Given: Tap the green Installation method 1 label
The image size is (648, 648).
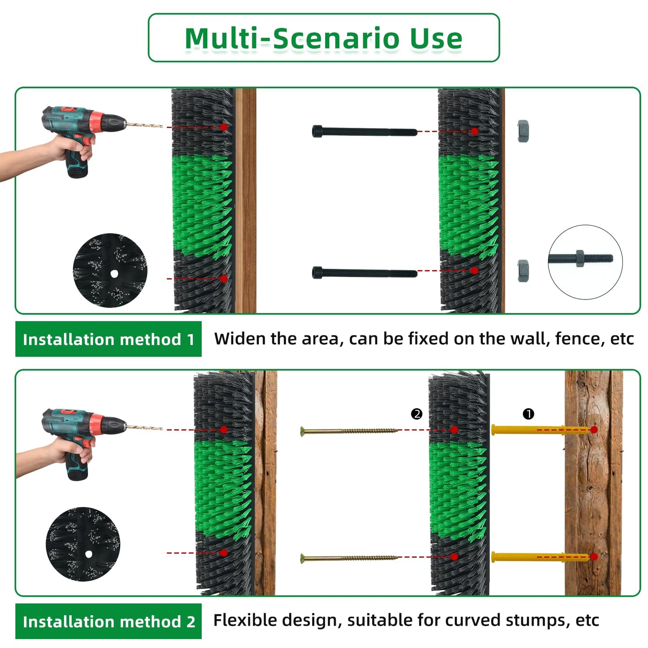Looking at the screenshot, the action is coord(108,339).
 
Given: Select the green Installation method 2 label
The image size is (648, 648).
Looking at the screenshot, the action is coord(108,621).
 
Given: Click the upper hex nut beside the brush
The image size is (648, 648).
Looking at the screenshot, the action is coord(523,131).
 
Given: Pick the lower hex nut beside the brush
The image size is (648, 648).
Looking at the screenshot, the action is coord(523,271).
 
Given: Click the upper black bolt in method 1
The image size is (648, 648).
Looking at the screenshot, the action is coord(365,131).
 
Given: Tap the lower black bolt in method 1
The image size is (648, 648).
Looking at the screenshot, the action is coord(365,272).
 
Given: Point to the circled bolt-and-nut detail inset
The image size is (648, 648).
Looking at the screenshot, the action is coord(585,262).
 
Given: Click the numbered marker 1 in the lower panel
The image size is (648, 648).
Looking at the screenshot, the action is coord(528,414).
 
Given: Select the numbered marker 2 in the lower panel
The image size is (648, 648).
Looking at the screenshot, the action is coord(417,414).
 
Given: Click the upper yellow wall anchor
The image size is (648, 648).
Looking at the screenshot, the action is coord(540,430).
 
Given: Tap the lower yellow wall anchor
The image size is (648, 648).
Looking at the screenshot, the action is coord(540,557).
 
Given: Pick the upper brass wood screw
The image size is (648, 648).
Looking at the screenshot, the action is coord(349,431).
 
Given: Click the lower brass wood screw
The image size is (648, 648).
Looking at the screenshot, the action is coord(349,559).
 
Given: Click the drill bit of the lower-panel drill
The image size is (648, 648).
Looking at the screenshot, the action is coord(144,428).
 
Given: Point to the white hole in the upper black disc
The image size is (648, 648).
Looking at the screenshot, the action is coord(114,274).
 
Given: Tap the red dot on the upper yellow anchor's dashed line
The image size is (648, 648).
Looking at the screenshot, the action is coord(594,430).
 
